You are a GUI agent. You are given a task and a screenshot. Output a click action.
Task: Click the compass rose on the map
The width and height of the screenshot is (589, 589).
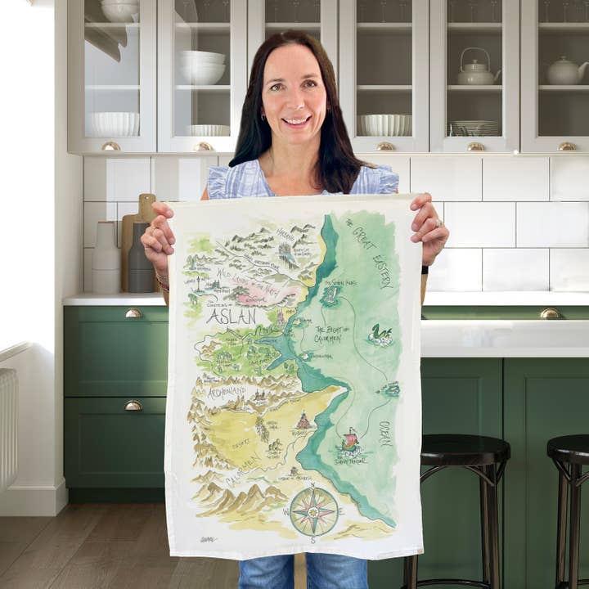314,511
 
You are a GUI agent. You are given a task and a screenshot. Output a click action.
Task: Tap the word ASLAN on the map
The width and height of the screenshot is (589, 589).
231,316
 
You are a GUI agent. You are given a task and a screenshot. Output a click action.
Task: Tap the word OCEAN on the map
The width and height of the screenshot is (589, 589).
384,434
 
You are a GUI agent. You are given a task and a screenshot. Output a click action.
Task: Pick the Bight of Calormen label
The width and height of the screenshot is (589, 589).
332,334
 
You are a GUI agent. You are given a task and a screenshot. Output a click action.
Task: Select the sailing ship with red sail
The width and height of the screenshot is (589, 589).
350,443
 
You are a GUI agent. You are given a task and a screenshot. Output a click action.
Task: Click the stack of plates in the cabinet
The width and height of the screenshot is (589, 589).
476,128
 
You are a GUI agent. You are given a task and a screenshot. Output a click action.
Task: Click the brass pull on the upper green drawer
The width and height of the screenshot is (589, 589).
133,313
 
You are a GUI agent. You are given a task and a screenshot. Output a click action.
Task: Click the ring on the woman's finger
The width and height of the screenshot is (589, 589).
438,223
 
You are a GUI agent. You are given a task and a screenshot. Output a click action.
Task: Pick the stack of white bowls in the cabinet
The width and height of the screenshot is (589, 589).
202,68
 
